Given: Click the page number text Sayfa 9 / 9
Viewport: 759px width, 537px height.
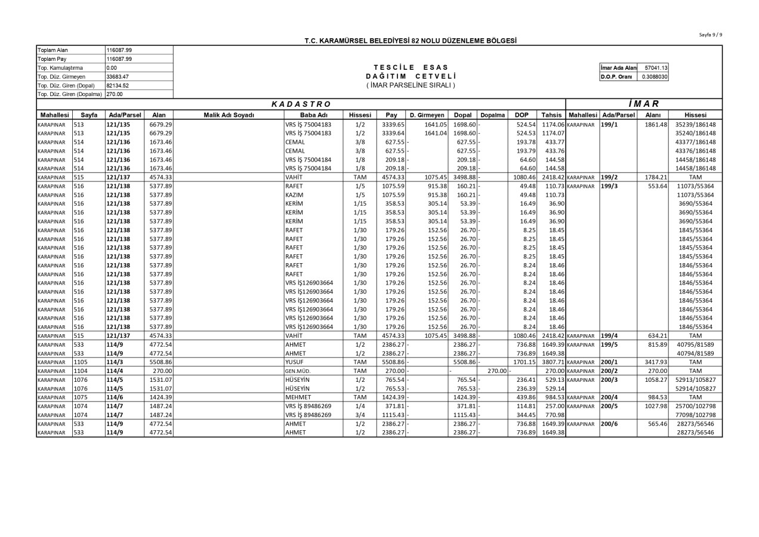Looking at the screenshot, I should pyautogui.click(x=710, y=35).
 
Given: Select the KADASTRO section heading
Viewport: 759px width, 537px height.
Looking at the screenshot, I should pyautogui.click(x=301, y=104).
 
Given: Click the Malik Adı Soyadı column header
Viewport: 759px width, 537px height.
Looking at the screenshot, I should pyautogui.click(x=228, y=115).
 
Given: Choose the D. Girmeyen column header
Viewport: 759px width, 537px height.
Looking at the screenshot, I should pyautogui.click(x=427, y=115).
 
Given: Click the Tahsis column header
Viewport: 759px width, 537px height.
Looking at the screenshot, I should pyautogui.click(x=551, y=115).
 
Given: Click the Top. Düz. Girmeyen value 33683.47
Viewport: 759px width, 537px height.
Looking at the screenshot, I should pyautogui.click(x=118, y=77).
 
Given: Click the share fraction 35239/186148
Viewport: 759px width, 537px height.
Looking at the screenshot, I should pyautogui.click(x=696, y=125).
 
